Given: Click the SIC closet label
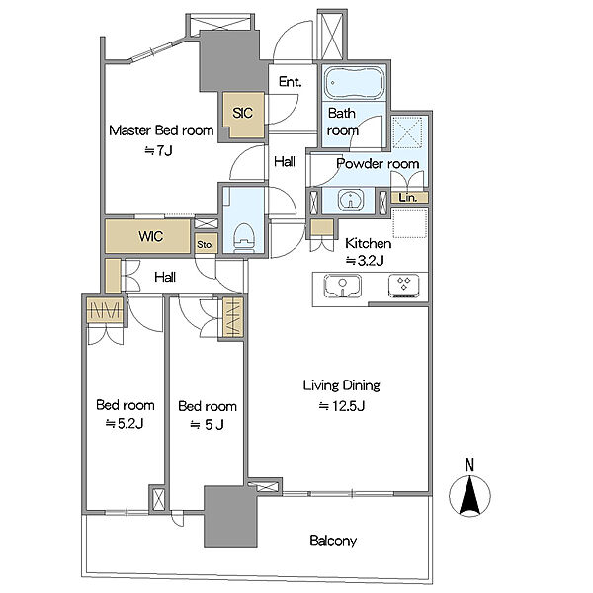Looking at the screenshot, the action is point(243,113).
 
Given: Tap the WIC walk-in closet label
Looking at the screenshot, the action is point(151,237).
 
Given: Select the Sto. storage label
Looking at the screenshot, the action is point(205,245).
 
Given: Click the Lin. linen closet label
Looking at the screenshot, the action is point(408,197).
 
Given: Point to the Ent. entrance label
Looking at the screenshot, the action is point(290,82).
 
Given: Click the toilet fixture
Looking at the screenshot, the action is point(243,237).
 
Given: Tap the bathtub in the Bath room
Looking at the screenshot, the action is point(355,83).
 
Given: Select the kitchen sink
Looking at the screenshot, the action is point(343,286).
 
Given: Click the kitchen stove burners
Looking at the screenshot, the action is point(404,286).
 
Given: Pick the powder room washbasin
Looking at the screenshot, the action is point(351,199).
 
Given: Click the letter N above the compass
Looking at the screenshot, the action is point(469,465).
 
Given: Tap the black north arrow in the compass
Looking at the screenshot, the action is point(469,496).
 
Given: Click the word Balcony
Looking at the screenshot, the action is point(333,541).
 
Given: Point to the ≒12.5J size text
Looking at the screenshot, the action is point(342,406).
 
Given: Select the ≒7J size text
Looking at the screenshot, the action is point(159,151).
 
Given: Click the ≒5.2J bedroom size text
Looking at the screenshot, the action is point(125,424).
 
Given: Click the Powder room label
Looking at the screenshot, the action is point(378,164).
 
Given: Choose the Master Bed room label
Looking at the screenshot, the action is point(161,130).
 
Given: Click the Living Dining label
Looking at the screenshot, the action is point(342,385).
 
